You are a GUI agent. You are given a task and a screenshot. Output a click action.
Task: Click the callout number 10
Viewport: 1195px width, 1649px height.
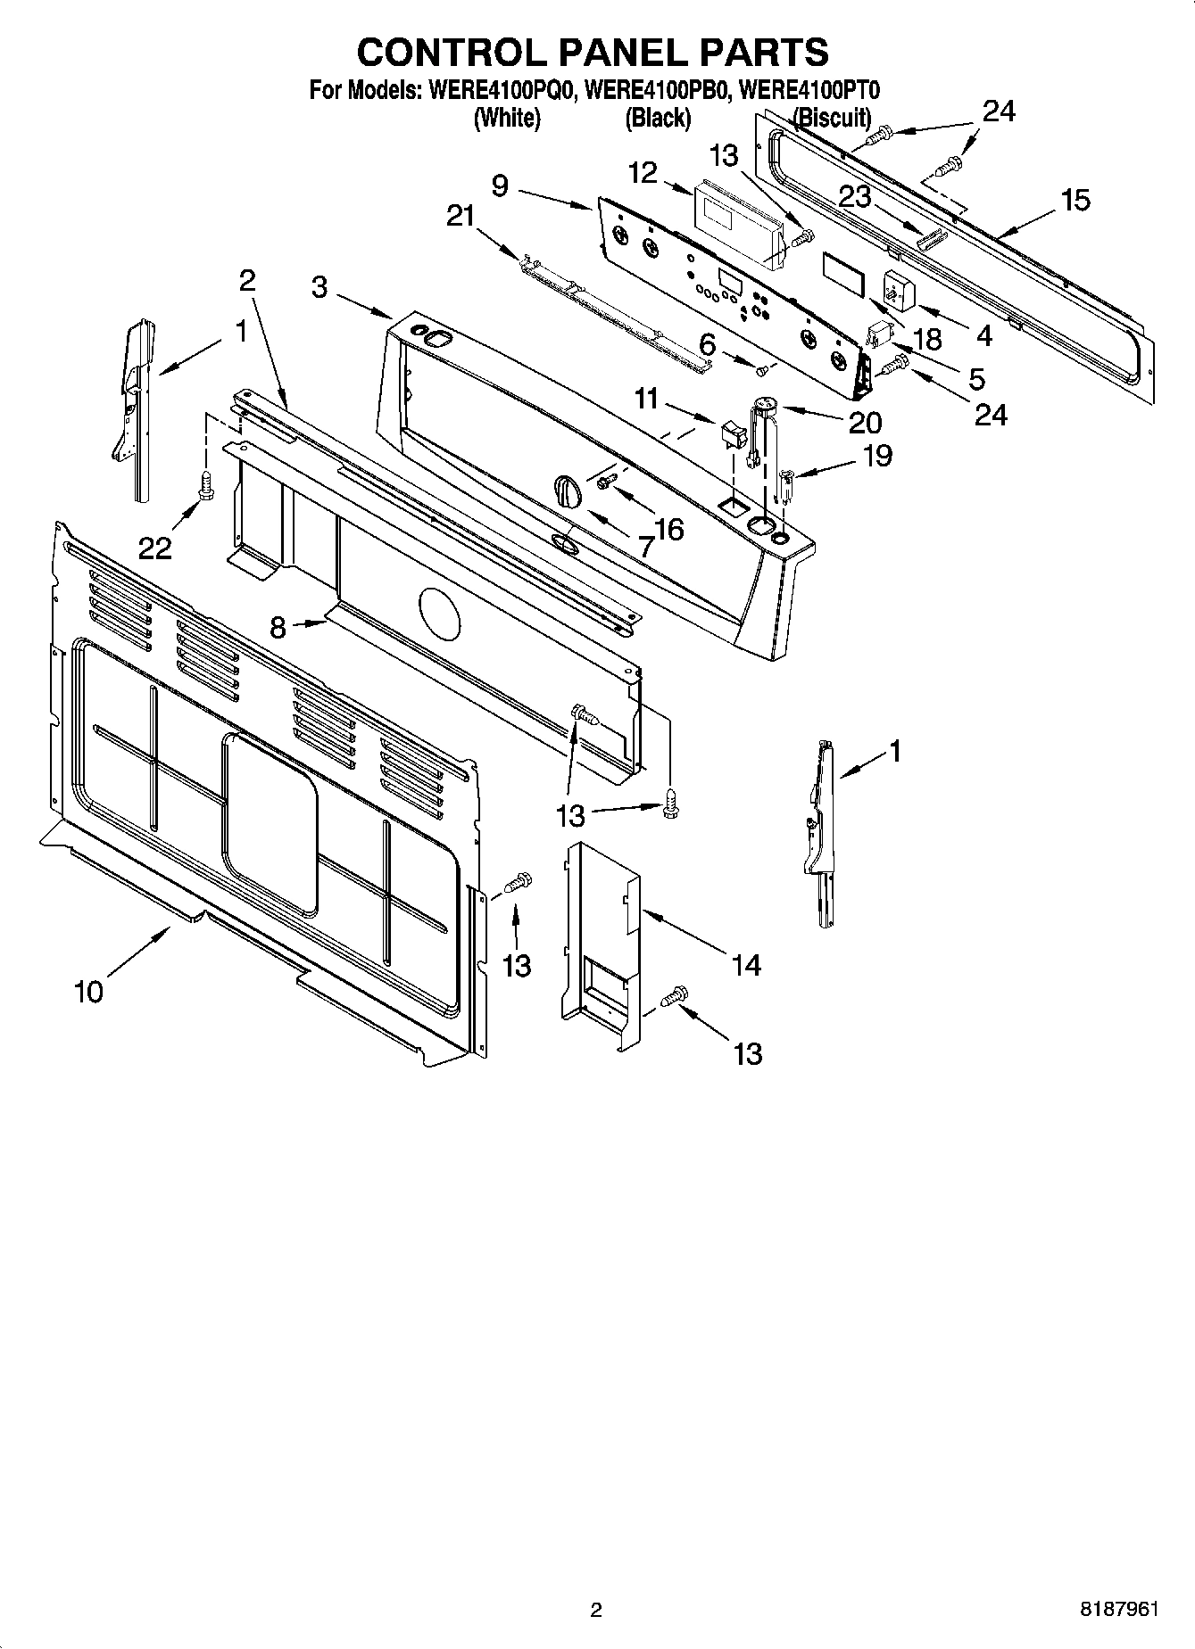pyautogui.click(x=89, y=991)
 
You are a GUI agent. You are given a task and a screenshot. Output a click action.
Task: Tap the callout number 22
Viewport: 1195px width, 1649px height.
pyautogui.click(x=154, y=548)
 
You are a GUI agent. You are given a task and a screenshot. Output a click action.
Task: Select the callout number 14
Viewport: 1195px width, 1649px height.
pyautogui.click(x=745, y=964)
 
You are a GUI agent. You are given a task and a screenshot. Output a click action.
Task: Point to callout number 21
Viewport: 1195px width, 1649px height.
pyautogui.click(x=461, y=217)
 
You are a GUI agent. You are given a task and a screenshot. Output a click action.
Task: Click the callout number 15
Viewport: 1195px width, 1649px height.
pyautogui.click(x=1076, y=200)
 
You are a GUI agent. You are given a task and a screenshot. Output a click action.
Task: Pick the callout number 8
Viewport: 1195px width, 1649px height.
pyautogui.click(x=278, y=627)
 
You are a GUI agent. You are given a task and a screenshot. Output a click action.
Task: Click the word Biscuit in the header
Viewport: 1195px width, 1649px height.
pyautogui.click(x=832, y=118)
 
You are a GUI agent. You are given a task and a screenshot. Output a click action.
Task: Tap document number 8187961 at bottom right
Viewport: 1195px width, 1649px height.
pyautogui.click(x=1119, y=1609)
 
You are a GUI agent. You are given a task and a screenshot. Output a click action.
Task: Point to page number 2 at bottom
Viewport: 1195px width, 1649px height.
pyautogui.click(x=596, y=1610)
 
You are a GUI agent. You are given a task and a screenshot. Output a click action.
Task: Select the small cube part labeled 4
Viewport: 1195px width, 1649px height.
pyautogui.click(x=893, y=290)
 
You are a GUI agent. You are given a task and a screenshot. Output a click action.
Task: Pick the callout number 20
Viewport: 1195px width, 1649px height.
pyautogui.click(x=865, y=422)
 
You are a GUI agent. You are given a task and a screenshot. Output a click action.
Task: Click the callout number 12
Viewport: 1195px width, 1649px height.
pyautogui.click(x=643, y=173)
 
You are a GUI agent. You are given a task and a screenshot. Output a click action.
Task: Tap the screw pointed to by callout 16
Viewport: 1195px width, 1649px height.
pyautogui.click(x=606, y=482)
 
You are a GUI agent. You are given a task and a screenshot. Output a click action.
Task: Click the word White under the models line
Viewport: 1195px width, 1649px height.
pyautogui.click(x=507, y=118)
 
